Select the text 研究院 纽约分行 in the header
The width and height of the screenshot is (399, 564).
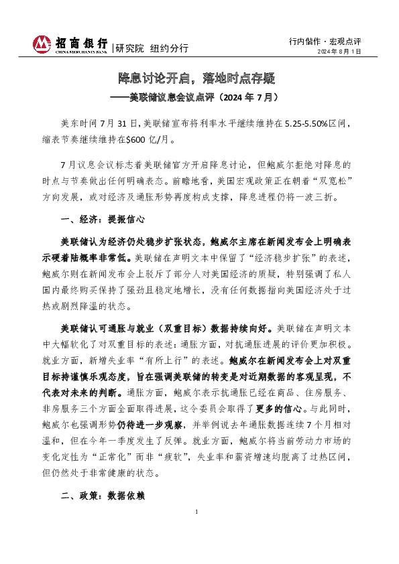[152, 48]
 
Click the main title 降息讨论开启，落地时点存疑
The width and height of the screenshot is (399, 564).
[198, 78]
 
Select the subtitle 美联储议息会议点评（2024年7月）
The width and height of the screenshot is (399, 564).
[205, 97]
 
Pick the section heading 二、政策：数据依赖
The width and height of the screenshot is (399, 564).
[103, 498]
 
